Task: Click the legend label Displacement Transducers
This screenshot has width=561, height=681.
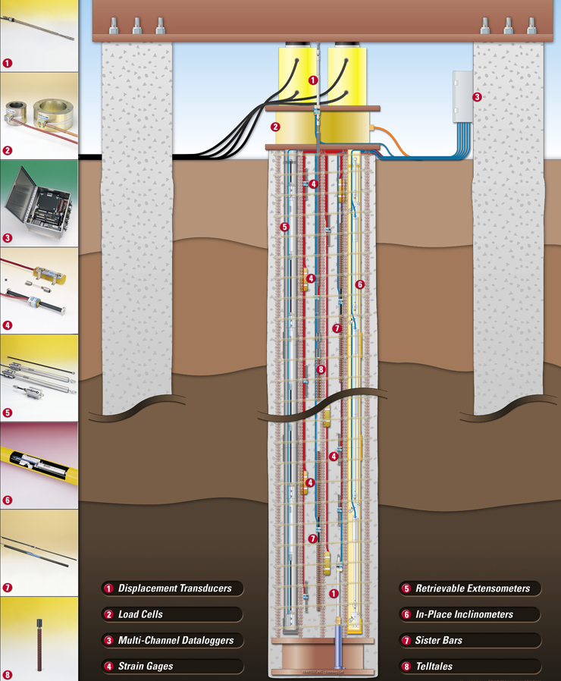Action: coord(174,588)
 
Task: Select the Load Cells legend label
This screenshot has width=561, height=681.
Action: coord(140,614)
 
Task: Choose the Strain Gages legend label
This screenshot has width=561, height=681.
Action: coord(145,666)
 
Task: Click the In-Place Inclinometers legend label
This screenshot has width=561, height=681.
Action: coord(464,614)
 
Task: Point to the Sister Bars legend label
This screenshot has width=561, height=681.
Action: coord(438,640)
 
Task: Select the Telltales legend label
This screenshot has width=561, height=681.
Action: coord(434,666)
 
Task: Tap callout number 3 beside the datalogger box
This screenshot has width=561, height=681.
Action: coord(477,97)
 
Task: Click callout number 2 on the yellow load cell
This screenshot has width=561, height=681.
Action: coord(276,127)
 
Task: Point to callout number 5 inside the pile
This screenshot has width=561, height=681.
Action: coord(284,226)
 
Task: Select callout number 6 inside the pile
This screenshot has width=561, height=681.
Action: coord(360,284)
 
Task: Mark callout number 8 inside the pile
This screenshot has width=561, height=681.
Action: coord(321,369)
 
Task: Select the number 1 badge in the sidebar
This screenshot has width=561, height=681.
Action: coord(8,63)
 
